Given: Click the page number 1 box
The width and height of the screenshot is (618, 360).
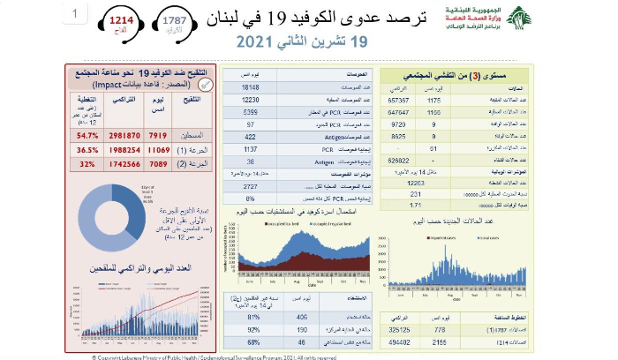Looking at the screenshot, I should (x=78, y=14).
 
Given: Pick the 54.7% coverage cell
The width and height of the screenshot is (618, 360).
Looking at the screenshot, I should (x=87, y=136).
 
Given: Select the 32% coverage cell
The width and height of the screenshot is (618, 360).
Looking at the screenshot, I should (x=87, y=165).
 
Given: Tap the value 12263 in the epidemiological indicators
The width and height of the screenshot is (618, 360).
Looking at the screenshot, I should (x=416, y=182).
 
